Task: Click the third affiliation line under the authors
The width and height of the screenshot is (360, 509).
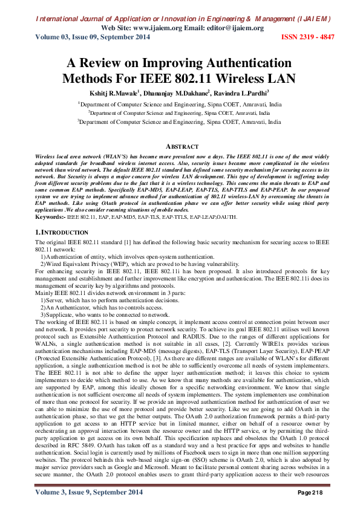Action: click(x=180, y=121)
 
